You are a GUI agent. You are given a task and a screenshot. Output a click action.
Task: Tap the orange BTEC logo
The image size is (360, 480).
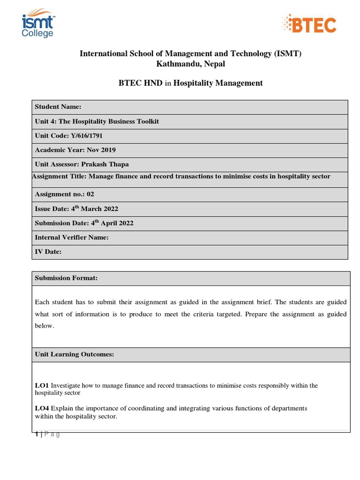[308, 24]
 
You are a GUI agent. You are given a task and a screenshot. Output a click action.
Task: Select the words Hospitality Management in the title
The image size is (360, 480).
[218, 83]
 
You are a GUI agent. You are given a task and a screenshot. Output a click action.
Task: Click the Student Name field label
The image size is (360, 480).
[58, 107]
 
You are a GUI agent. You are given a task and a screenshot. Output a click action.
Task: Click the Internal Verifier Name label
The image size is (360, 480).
[72, 237]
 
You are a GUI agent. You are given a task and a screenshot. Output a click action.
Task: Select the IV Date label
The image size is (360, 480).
[48, 252]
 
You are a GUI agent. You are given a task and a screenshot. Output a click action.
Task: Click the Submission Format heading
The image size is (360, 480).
[66, 278]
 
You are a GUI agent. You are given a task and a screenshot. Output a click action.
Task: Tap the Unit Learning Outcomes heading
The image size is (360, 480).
[75, 354]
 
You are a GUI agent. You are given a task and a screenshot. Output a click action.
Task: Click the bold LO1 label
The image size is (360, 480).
[42, 385]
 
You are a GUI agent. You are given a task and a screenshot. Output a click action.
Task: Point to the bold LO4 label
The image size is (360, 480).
[42, 408]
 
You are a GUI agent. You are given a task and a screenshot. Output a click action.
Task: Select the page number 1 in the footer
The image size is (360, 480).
[37, 434]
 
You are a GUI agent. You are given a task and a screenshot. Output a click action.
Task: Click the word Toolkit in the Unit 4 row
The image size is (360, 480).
[147, 121]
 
